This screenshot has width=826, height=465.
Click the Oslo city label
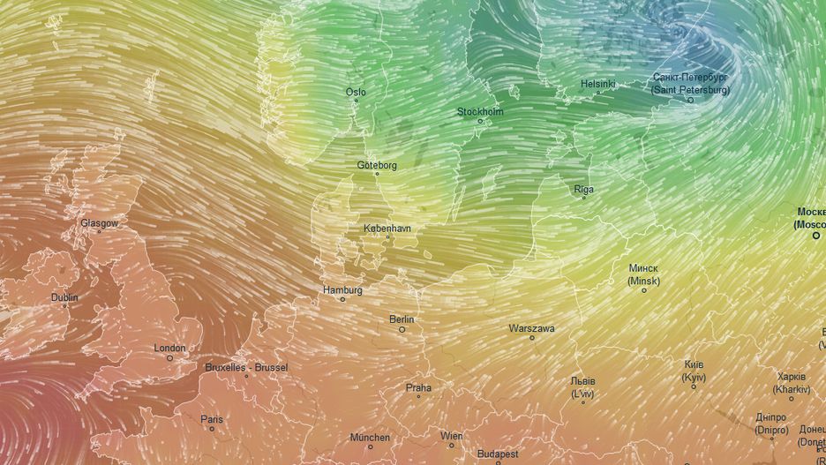point(356,92)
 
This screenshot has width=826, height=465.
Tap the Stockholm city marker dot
point(480,122)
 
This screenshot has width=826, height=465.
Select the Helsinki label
point(597,84)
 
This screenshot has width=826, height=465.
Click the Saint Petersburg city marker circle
point(690,100)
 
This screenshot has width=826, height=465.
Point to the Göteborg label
point(377,165)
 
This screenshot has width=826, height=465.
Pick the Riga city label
point(583,189)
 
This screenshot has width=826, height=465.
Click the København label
point(387,228)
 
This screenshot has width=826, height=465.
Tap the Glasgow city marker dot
point(99,233)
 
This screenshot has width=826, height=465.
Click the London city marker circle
point(169,357)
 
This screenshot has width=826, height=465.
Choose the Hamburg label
point(343,289)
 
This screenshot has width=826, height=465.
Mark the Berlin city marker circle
point(402,329)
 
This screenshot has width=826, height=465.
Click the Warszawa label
point(531,328)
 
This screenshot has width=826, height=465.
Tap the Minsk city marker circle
point(643,290)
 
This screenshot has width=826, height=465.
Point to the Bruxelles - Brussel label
point(246,366)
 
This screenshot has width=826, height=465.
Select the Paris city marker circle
point(212,429)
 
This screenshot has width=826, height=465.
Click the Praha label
point(418,386)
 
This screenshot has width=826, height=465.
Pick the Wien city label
point(451,435)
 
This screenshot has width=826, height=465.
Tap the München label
point(370,437)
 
